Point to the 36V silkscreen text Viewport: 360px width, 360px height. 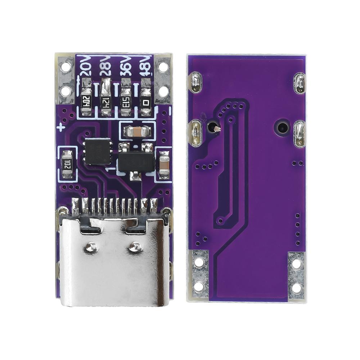pyautogui.click(x=125, y=67)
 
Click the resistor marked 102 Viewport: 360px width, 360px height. pyautogui.click(x=67, y=165)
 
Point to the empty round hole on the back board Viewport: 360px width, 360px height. pyautogui.click(x=282, y=127)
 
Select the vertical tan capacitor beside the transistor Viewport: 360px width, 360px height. pyautogui.click(x=164, y=165)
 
